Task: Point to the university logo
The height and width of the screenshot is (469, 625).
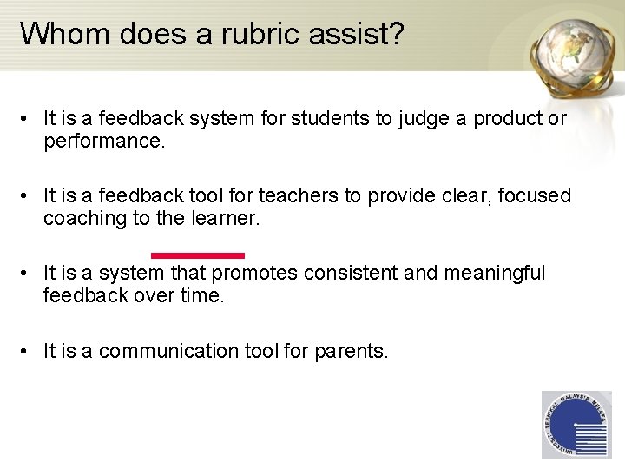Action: pyautogui.click(x=576, y=425)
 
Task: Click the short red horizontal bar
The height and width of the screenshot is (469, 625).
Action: pyautogui.click(x=198, y=255)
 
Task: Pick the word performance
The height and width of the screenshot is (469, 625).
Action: pyautogui.click(x=103, y=140)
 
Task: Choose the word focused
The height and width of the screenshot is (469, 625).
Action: pyautogui.click(x=532, y=196)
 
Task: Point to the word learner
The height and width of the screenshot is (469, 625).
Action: pyautogui.click(x=221, y=218)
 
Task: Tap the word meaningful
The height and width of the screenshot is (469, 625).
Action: pyautogui.click(x=495, y=274)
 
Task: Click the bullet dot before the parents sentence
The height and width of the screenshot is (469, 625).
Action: pyautogui.click(x=29, y=351)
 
